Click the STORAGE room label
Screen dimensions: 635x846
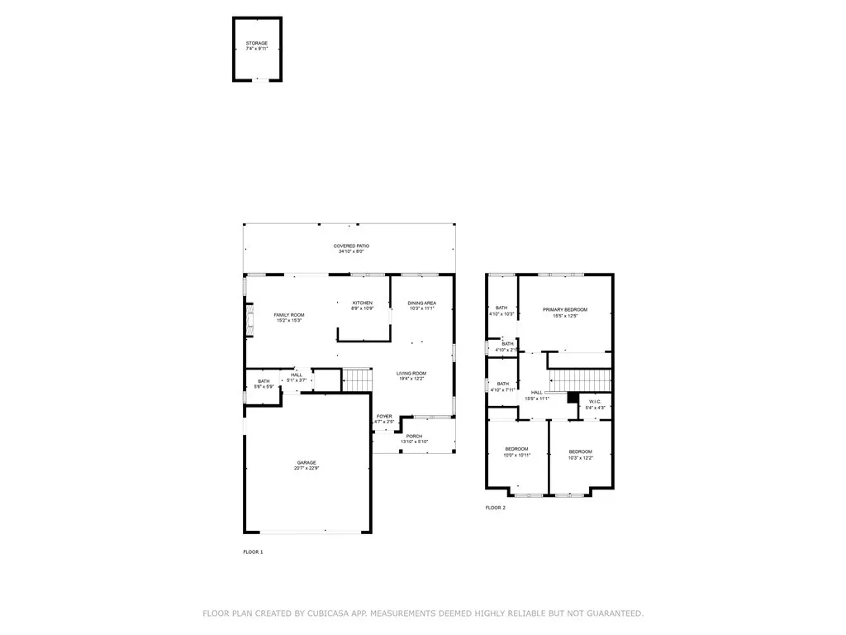coord(257,43)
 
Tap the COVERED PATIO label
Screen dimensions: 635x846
coord(351,246)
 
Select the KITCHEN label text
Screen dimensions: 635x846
coord(363,303)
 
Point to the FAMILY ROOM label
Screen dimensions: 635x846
coord(289,315)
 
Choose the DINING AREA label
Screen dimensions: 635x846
coord(421,303)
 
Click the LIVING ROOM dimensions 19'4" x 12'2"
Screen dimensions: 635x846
coord(410,379)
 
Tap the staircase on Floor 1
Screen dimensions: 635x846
coord(354,380)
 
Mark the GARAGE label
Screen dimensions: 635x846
coord(307,463)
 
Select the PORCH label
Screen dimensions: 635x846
coord(414,437)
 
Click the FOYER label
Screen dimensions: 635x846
coord(384,416)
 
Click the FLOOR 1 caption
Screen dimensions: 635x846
coord(253,551)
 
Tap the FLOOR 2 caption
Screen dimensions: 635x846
coord(495,508)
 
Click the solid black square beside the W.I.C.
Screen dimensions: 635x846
coord(572,397)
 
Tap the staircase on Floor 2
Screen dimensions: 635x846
coord(580,380)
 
